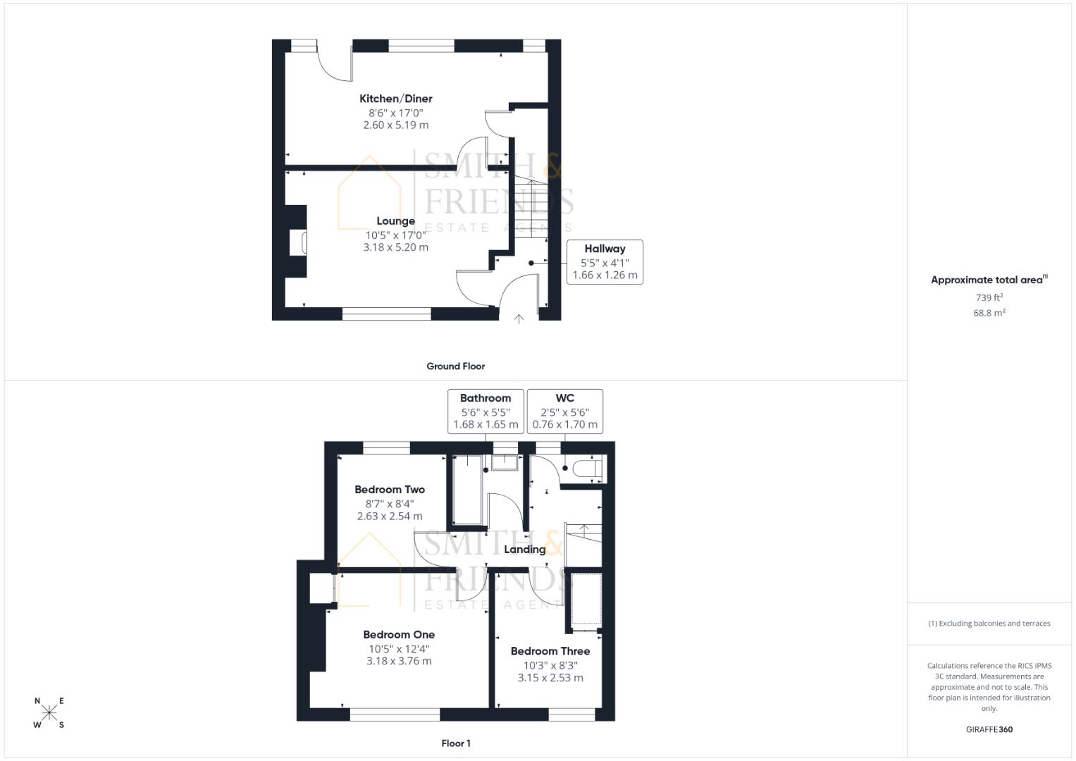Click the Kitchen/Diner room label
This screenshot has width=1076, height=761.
click(395, 99)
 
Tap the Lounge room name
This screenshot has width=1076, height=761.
click(395, 221)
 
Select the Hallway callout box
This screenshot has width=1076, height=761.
click(605, 261)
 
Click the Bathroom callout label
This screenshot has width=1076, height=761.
click(486, 398)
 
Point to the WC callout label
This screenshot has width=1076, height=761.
click(564, 398)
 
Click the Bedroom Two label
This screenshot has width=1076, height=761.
click(390, 490)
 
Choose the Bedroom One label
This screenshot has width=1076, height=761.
click(399, 635)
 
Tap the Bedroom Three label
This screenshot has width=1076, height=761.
click(550, 652)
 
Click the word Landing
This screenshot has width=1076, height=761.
click(525, 550)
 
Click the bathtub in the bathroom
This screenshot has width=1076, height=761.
click(466, 490)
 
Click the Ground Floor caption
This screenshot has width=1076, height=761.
click(455, 366)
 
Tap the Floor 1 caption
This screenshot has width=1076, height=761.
click(455, 743)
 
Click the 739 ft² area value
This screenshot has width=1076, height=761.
click(989, 298)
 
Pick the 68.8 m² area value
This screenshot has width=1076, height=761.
click(989, 313)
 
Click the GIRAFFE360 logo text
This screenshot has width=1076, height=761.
click(989, 729)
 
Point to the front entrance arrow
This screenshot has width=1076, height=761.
click(519, 319)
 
